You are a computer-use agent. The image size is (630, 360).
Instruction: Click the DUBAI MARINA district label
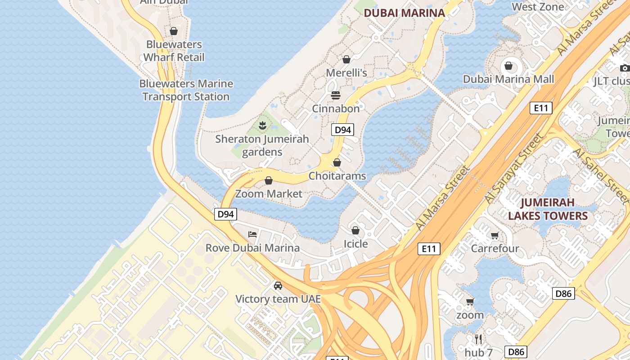coord(404,13)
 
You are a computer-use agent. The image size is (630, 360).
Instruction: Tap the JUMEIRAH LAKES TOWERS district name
coord(548,209)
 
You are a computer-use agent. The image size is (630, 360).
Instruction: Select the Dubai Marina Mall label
coord(508,79)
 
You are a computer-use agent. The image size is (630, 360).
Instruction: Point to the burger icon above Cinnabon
coord(336,95)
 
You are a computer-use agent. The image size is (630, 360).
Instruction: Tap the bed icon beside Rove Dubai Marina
coord(252,234)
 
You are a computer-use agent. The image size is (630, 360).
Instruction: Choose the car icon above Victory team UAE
coord(278,285)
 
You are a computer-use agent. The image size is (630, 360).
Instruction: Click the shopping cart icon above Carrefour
coord(495,235)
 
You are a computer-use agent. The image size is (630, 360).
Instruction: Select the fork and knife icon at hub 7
coord(478,339)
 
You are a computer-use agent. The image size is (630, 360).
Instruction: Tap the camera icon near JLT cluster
coord(625,68)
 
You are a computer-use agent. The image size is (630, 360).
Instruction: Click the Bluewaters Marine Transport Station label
coord(186,90)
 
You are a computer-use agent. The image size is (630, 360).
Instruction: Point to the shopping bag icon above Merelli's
coord(346,59)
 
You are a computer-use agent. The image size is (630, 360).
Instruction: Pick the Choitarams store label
coord(337,176)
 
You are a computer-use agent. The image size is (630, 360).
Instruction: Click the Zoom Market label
coord(269,194)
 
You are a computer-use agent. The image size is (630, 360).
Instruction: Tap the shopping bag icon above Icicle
coord(355,230)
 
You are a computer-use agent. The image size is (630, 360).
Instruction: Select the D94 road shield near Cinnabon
coord(343,130)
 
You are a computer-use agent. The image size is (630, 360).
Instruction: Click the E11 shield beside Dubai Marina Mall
coord(540,108)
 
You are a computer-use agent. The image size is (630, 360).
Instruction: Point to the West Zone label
coord(538,7)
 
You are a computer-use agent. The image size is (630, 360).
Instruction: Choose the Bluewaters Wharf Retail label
coord(174,51)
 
